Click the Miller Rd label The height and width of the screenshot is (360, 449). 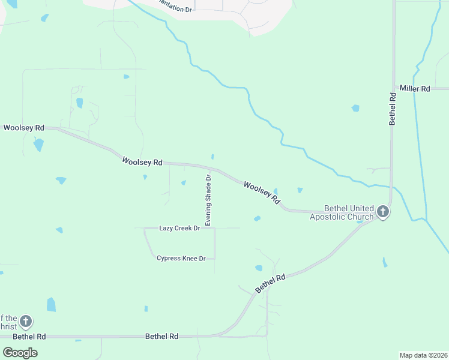(x=415, y=89)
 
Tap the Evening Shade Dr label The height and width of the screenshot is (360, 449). (x=208, y=200)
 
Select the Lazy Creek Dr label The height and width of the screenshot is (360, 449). (x=179, y=228)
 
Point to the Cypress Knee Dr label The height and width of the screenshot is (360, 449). (x=181, y=258)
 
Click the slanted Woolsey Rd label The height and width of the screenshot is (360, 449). (x=262, y=191)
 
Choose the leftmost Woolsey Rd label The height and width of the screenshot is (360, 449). (x=24, y=128)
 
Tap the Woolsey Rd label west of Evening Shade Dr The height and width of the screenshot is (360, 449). (x=142, y=162)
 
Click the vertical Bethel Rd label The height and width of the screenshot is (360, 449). (x=393, y=109)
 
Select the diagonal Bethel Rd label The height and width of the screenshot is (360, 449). (x=270, y=283)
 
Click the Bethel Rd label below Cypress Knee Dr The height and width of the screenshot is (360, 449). (x=162, y=337)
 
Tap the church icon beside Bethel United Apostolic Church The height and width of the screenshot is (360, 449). (x=383, y=212)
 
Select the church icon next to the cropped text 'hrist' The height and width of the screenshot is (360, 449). (x=25, y=322)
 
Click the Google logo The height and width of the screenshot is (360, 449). (x=20, y=352)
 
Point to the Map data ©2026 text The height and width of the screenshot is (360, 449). (x=423, y=355)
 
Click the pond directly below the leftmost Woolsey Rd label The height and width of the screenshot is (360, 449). (x=38, y=145)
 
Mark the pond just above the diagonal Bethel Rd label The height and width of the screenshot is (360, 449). (x=259, y=268)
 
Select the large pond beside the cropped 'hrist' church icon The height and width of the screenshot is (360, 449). (x=51, y=305)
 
